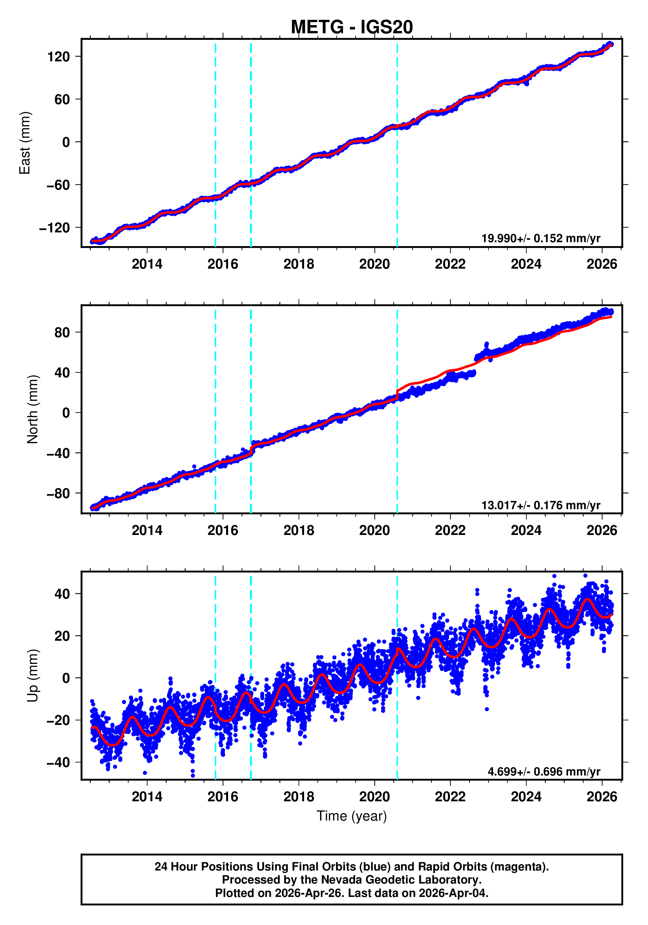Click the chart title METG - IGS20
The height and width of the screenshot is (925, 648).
coord(352,27)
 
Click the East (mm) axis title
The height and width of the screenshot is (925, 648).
coord(25,143)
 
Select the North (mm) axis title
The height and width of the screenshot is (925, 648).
coord(33,409)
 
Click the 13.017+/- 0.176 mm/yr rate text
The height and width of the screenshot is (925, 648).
coord(540,505)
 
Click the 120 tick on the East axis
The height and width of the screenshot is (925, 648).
coord(59,57)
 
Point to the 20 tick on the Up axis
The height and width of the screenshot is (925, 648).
coord(62,636)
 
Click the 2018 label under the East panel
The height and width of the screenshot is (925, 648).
coord(299,264)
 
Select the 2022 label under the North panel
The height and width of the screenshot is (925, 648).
coord(450,531)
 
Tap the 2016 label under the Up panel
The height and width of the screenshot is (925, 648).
coord(223,797)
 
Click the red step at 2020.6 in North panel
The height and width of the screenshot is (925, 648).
coord(397,395)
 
